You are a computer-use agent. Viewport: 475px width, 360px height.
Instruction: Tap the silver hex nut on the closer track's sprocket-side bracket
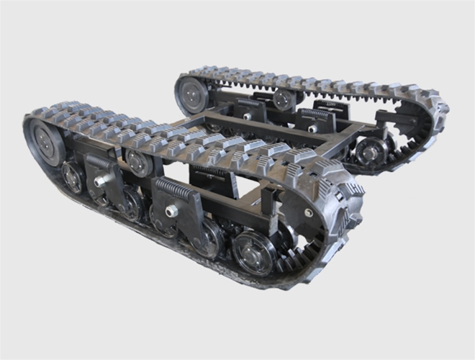(x=173, y=211)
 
